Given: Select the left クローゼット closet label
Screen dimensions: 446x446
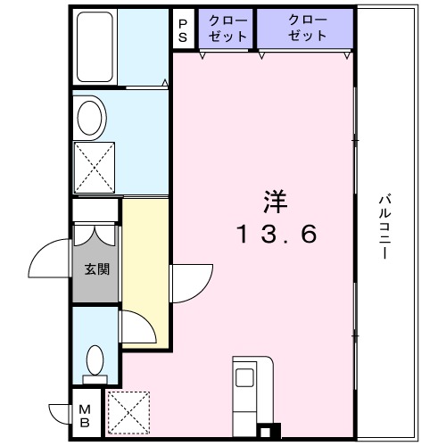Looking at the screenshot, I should click(227, 29).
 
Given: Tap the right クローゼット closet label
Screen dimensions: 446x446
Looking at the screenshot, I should click(307, 29).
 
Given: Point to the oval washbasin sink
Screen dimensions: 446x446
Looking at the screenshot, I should click(89, 116).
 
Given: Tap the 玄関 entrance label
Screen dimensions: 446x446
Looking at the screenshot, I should click(96, 268).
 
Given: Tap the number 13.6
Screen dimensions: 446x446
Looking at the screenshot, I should click(277, 235).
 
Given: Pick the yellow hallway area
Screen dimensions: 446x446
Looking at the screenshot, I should click(145, 268).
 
